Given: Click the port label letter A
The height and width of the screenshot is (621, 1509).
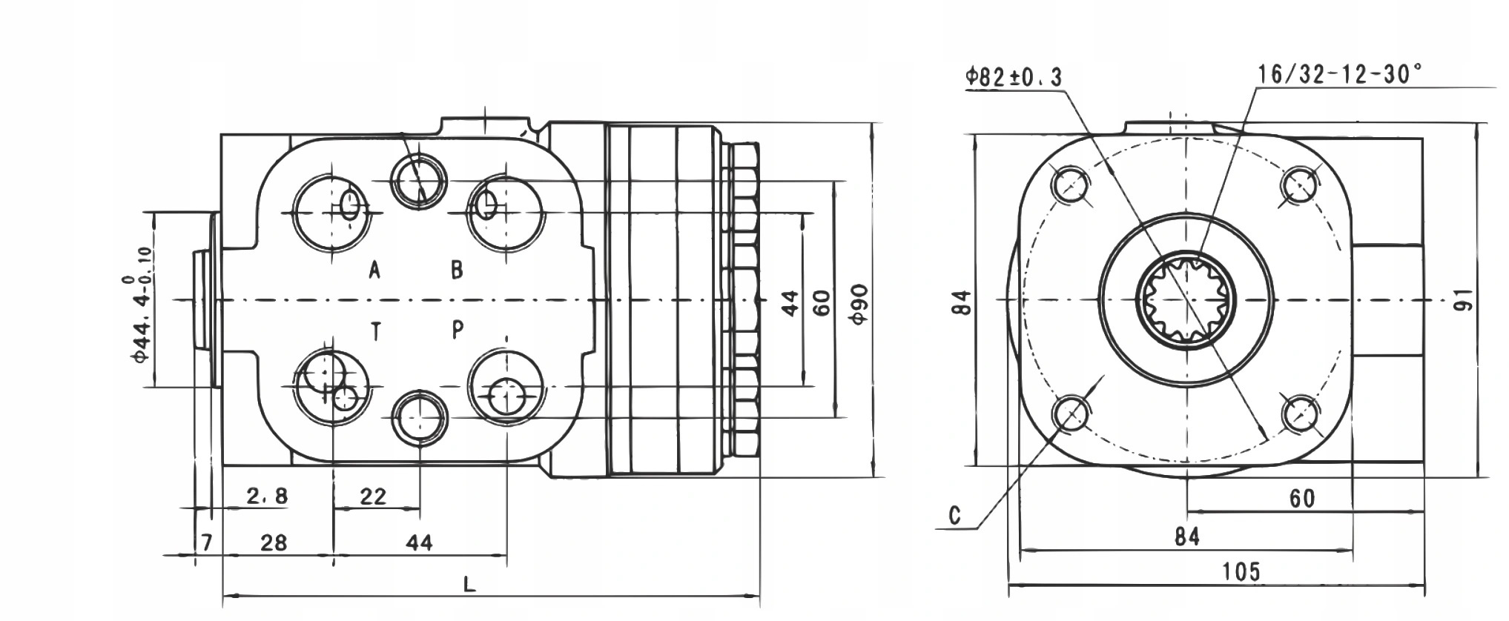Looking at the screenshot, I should click(375, 270).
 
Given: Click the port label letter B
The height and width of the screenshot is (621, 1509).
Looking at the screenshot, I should click(458, 270).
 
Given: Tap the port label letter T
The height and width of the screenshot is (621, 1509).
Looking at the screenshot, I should click(376, 332).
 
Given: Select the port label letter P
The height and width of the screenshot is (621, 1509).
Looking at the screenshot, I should click(458, 330).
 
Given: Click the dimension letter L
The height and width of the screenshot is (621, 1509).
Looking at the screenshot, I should click(469, 585).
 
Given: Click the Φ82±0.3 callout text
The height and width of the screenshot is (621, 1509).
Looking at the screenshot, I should click(1014, 77).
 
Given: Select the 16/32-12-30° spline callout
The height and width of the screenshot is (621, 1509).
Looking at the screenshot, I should click(1339, 74).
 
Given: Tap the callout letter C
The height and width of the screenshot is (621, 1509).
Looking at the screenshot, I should click(955, 515).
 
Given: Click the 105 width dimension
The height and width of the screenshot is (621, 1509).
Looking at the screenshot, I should click(1241, 571).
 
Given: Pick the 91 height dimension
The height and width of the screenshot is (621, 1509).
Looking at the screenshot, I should click(1463, 300).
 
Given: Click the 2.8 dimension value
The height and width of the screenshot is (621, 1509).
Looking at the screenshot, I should click(267, 496).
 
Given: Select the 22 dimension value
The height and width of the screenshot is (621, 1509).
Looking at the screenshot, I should click(373, 497).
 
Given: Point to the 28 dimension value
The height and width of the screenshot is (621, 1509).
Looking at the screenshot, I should click(274, 542).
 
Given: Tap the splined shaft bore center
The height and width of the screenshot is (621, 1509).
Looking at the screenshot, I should click(1186, 299).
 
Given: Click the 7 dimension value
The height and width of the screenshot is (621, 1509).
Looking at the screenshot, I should click(207, 542).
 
